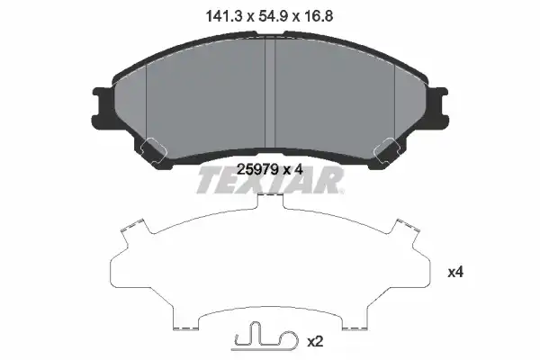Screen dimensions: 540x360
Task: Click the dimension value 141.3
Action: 224,16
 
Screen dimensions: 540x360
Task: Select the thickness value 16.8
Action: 318,16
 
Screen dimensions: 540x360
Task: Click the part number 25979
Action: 257,169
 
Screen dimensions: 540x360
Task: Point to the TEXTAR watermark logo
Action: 270,180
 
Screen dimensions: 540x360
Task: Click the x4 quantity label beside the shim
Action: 455,273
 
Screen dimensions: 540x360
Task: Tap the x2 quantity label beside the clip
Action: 315,342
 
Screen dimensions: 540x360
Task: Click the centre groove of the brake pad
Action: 270,93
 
